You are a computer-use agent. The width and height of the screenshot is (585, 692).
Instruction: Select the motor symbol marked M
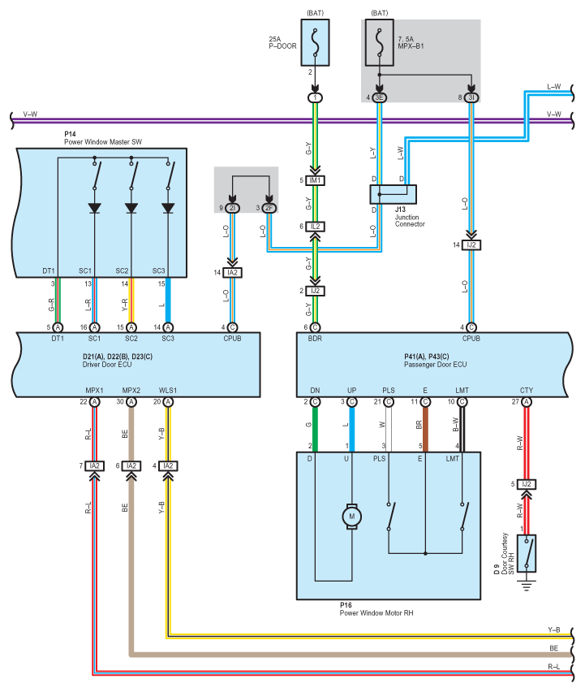click(352, 515)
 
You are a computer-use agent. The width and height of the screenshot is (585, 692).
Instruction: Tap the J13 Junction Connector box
click(394, 193)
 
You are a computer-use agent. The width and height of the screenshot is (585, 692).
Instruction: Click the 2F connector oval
click(269, 209)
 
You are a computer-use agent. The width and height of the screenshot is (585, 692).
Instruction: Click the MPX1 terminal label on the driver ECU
click(94, 390)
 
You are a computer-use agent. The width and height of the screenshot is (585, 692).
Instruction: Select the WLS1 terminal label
click(167, 390)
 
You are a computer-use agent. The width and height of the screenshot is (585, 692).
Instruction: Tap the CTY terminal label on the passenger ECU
click(527, 390)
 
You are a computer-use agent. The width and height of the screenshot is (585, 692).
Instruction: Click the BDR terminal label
click(315, 338)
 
